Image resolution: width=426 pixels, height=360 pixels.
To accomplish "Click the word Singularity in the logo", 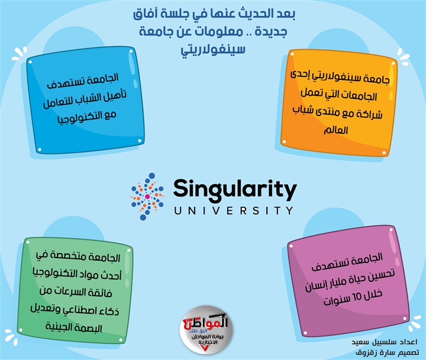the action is coord(235,190).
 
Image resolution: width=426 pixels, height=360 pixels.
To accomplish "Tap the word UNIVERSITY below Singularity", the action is coord(234,211).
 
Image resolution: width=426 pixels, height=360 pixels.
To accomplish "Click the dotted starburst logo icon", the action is coord(147,197).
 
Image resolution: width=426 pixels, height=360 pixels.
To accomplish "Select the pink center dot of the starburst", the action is coord(147,197).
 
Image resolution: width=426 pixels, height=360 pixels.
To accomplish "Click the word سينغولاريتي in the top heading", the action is coord(213,49).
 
